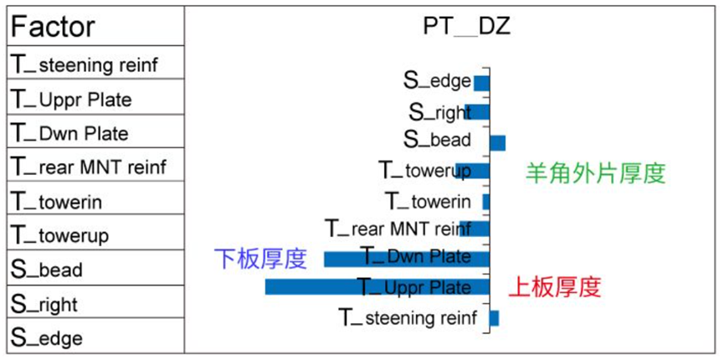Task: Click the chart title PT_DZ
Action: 466,27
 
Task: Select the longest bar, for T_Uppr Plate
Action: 377,287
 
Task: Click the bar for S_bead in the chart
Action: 497,142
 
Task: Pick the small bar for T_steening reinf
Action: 494,318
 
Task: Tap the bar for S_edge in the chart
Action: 481,83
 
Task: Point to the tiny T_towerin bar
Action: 485,202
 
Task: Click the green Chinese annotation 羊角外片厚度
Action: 595,173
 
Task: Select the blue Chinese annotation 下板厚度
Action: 260,258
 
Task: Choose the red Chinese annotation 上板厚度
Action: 555,287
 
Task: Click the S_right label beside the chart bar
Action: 439,112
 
